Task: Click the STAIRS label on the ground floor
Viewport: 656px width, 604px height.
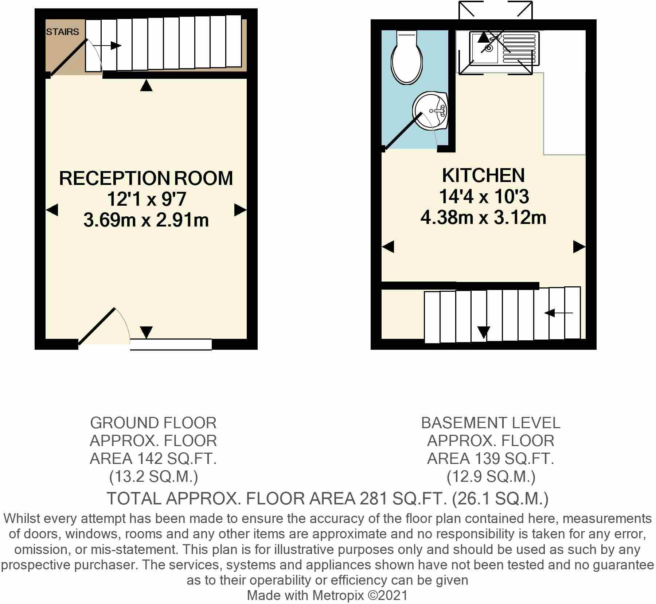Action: (x=62, y=32)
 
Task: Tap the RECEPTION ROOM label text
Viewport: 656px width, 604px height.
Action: (x=146, y=178)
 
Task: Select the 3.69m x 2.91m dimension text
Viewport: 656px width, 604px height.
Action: (x=146, y=220)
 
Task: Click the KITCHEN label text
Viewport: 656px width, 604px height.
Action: (x=483, y=175)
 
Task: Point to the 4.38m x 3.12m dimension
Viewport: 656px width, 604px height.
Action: (x=483, y=218)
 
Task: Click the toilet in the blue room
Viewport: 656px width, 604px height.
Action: (x=406, y=58)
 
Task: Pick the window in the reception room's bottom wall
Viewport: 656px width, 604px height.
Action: (x=171, y=344)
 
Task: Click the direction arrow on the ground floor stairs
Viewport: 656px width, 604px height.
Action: (x=106, y=46)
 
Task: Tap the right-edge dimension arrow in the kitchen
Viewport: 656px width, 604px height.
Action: (x=579, y=247)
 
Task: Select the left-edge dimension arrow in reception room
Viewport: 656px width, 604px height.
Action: (x=52, y=210)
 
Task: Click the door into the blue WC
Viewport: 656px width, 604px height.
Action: (x=403, y=131)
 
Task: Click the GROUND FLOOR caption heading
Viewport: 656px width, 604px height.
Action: (x=153, y=423)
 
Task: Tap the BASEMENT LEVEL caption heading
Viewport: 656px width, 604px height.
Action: (x=491, y=423)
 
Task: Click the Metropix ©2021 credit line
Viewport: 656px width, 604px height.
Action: (x=327, y=595)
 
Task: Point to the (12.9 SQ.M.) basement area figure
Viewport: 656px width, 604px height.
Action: (x=491, y=477)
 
